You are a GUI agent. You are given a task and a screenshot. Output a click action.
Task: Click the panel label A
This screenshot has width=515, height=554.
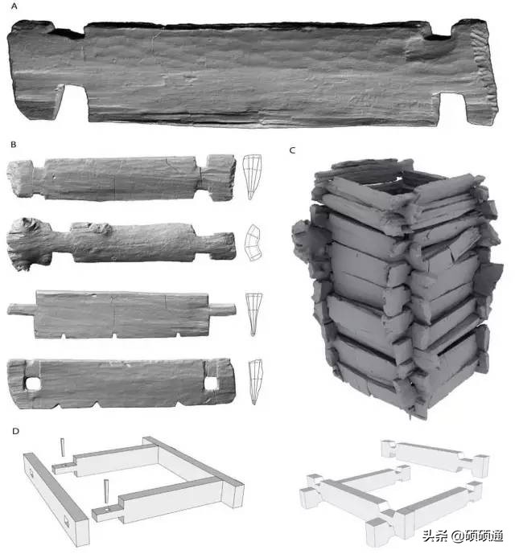point(14,6)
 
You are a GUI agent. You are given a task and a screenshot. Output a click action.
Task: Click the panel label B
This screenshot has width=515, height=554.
point(14,145)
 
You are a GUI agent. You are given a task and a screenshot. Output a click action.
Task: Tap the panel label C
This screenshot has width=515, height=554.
point(292,150)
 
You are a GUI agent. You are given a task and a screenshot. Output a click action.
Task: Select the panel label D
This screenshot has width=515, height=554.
point(15,431)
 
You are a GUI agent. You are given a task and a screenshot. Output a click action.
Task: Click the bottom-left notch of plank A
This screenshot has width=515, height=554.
point(76,96)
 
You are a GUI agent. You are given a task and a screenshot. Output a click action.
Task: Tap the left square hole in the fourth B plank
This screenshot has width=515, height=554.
point(33,384)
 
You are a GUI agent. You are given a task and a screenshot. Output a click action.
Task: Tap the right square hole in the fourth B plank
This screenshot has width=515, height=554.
point(211,384)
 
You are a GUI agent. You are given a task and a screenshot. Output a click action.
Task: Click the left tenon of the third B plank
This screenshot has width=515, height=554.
point(22,310)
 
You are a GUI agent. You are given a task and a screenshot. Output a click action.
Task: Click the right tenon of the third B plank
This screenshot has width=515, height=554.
point(222,309)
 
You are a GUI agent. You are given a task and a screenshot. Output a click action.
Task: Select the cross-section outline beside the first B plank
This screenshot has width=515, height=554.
point(252,177)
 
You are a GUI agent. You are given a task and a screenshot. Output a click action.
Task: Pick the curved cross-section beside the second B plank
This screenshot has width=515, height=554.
point(253,243)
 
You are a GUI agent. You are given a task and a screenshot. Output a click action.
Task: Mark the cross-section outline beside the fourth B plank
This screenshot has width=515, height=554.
point(255,382)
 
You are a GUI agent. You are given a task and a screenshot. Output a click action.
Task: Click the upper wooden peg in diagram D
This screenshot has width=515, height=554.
point(63,447)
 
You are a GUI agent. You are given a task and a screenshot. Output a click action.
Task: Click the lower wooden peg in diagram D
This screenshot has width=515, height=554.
point(105,490)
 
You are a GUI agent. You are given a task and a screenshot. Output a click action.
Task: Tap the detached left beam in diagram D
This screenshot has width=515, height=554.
point(56,499)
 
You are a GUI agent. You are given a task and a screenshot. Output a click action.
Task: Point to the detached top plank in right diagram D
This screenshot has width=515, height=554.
point(435,458)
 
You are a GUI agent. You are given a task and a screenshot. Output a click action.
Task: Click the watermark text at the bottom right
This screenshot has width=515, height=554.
point(463,536)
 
